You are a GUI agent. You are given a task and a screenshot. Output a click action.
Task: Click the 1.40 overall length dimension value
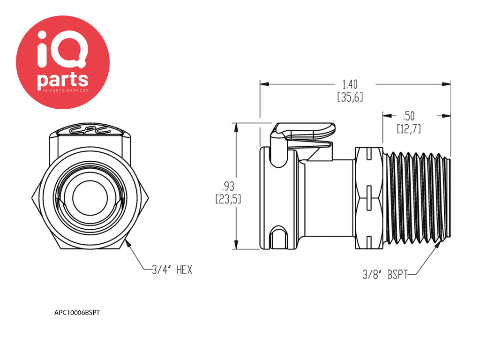coord(350,84)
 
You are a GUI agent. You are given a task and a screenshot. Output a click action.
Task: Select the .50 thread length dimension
coord(409,116)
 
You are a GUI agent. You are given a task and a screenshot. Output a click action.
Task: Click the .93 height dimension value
coord(228,186)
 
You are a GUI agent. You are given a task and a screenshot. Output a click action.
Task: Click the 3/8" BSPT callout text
coord(385,274)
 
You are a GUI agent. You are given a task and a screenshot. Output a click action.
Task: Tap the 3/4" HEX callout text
coord(172,270)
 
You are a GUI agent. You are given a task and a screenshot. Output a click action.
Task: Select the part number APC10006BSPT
coord(77,313)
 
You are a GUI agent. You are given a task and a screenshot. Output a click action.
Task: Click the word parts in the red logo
coord(63,80)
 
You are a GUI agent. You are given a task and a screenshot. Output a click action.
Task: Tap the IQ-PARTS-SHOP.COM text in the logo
coord(63,90)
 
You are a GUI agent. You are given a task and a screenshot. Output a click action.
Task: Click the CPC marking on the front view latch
coord(90,129)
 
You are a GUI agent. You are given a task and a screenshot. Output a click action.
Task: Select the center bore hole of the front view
coord(90,198)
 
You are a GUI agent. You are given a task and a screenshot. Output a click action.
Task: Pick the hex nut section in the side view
coord(369,198)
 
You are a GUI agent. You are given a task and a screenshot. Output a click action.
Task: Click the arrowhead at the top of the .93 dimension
coord(236,127)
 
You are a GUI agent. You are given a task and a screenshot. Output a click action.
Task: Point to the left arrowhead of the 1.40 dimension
coord(264,84)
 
